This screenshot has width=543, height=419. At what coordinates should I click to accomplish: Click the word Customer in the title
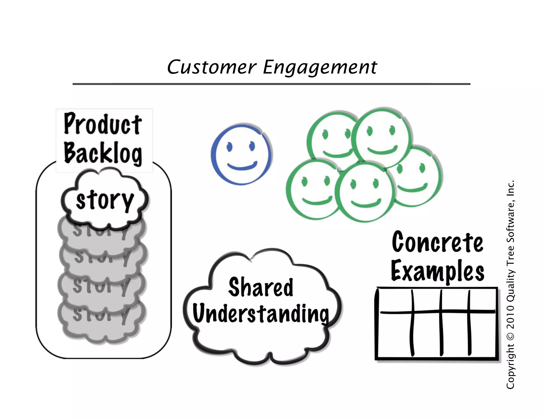212,67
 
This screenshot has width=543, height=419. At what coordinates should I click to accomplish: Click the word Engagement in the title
320,68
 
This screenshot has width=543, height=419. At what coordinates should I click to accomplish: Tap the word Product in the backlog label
103,124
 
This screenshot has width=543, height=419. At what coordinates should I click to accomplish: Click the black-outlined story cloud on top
105,200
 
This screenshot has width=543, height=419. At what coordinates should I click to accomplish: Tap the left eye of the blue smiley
230,146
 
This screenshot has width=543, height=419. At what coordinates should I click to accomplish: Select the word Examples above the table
437,271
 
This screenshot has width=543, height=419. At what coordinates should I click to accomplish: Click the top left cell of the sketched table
395,301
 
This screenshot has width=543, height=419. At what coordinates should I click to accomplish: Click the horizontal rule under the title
271,84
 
